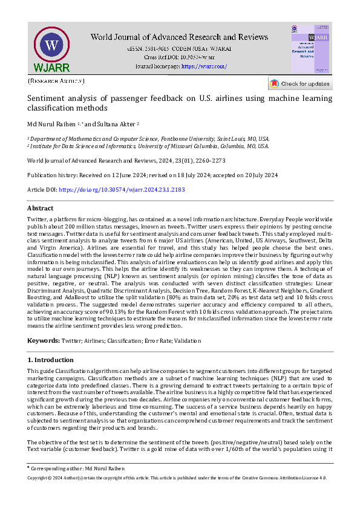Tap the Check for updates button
coord(300,83)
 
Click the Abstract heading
coord(41,208)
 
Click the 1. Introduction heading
coord(53,360)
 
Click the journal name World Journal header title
coord(180,37)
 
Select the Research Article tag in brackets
coord(56,80)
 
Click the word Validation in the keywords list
coord(187,342)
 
